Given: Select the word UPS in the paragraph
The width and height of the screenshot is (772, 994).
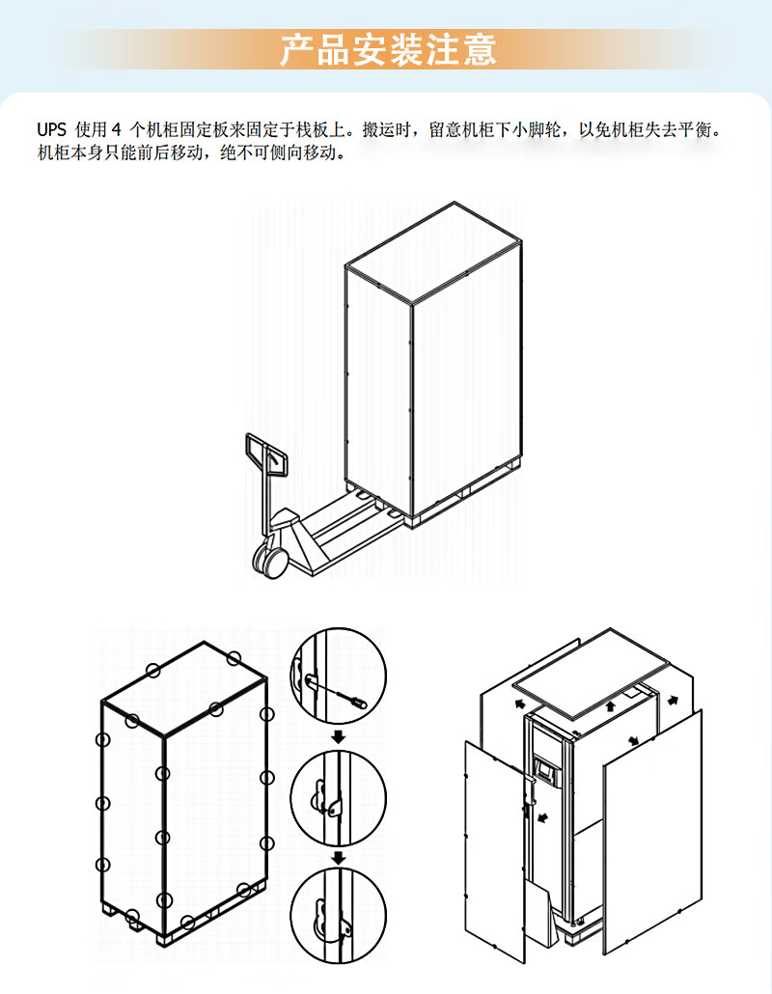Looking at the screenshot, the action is tap(51, 129).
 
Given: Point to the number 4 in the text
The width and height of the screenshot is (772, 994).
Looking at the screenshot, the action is tap(118, 129).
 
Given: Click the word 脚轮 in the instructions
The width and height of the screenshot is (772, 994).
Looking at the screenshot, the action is tap(547, 129).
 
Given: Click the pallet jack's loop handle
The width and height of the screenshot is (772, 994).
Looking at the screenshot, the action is tap(266, 454).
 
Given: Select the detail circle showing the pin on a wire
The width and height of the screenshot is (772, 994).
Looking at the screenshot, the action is tap(338, 679).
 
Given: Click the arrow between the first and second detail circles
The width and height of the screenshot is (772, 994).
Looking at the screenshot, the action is tap(339, 738).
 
